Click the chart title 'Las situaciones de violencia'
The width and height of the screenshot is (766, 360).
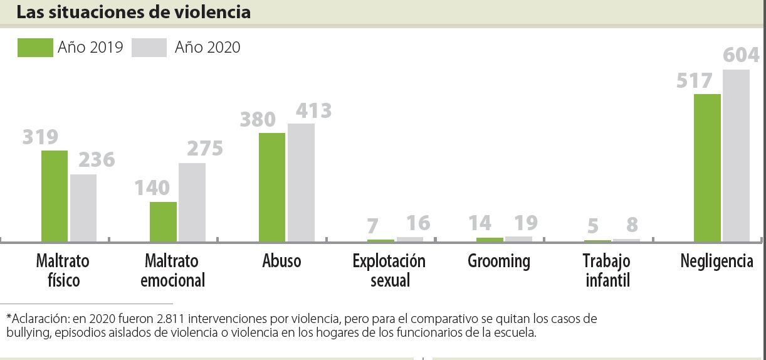134,12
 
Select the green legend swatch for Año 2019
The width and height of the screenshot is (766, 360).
35,47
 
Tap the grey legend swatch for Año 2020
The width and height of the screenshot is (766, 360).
149,47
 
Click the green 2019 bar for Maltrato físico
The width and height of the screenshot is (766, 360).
55,196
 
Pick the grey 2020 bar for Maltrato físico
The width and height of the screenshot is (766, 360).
83,208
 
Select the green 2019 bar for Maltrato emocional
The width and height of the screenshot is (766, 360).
163,221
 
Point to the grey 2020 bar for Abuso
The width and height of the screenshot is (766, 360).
301,183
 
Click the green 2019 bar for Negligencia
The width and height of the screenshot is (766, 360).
707,167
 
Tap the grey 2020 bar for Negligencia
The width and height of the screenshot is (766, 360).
736,156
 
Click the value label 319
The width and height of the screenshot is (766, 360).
40,137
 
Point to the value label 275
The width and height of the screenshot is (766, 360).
205,149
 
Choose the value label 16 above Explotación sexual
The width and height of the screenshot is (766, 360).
418,223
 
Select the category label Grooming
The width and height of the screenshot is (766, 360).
499,261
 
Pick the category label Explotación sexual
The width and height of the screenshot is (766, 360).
389,270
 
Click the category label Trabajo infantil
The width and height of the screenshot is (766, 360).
607,270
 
